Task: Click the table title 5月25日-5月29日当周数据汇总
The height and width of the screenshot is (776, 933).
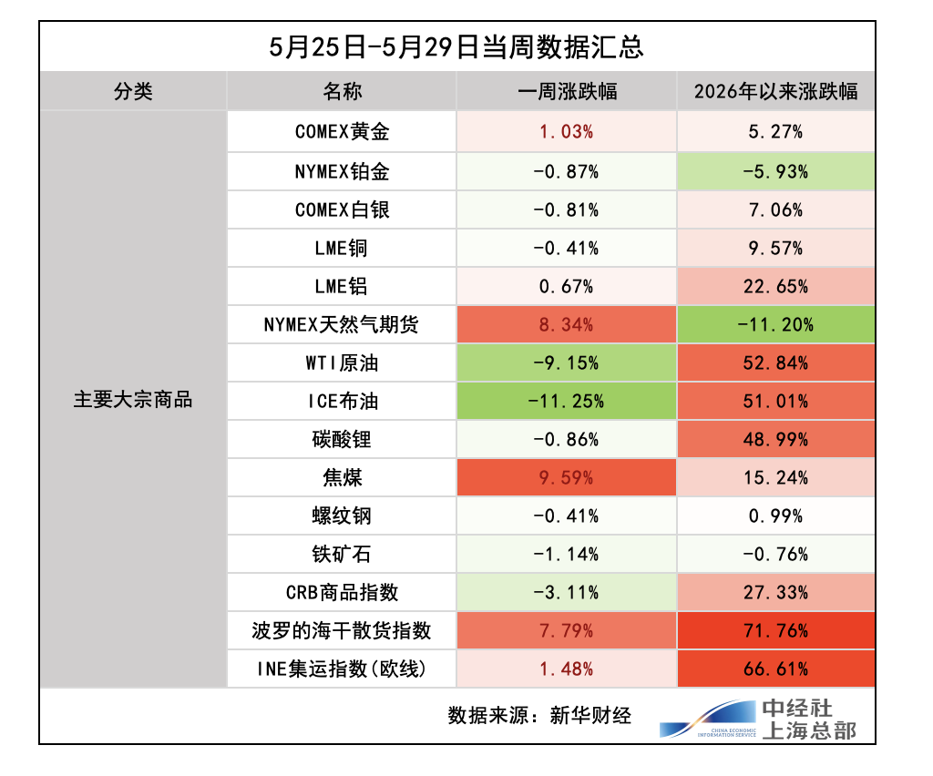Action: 456,47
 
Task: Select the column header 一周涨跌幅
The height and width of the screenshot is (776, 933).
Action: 567,92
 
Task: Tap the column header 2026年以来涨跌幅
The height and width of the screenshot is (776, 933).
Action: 776,92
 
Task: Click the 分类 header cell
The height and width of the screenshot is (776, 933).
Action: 133,92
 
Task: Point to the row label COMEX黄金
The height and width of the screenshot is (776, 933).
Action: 343,131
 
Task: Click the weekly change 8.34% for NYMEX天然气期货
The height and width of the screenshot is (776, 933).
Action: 567,324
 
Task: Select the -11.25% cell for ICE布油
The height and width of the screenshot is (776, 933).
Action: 567,402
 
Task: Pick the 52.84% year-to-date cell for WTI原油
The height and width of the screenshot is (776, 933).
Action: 776,363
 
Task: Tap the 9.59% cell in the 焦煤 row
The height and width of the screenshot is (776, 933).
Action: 567,478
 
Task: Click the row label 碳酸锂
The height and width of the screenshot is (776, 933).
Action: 342,439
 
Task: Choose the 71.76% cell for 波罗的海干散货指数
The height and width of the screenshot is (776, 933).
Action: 776,631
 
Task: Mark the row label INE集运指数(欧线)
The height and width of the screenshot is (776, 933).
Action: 343,669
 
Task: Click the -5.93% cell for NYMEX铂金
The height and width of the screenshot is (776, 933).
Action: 776,172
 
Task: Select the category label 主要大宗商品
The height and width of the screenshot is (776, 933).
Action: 133,400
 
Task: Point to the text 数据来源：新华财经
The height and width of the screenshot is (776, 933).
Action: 539,715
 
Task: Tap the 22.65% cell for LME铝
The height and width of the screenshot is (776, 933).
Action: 776,287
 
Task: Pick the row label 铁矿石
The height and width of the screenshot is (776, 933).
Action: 342,554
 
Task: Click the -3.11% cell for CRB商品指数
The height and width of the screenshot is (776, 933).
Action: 567,593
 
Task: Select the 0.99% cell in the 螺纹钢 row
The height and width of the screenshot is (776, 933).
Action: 776,516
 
